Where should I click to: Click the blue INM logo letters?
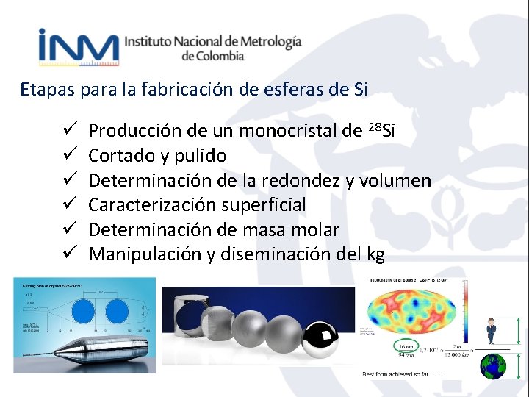78,49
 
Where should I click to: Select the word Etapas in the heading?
46,90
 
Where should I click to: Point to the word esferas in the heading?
303,90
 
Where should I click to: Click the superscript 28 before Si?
373,127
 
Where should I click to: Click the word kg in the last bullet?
375,255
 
